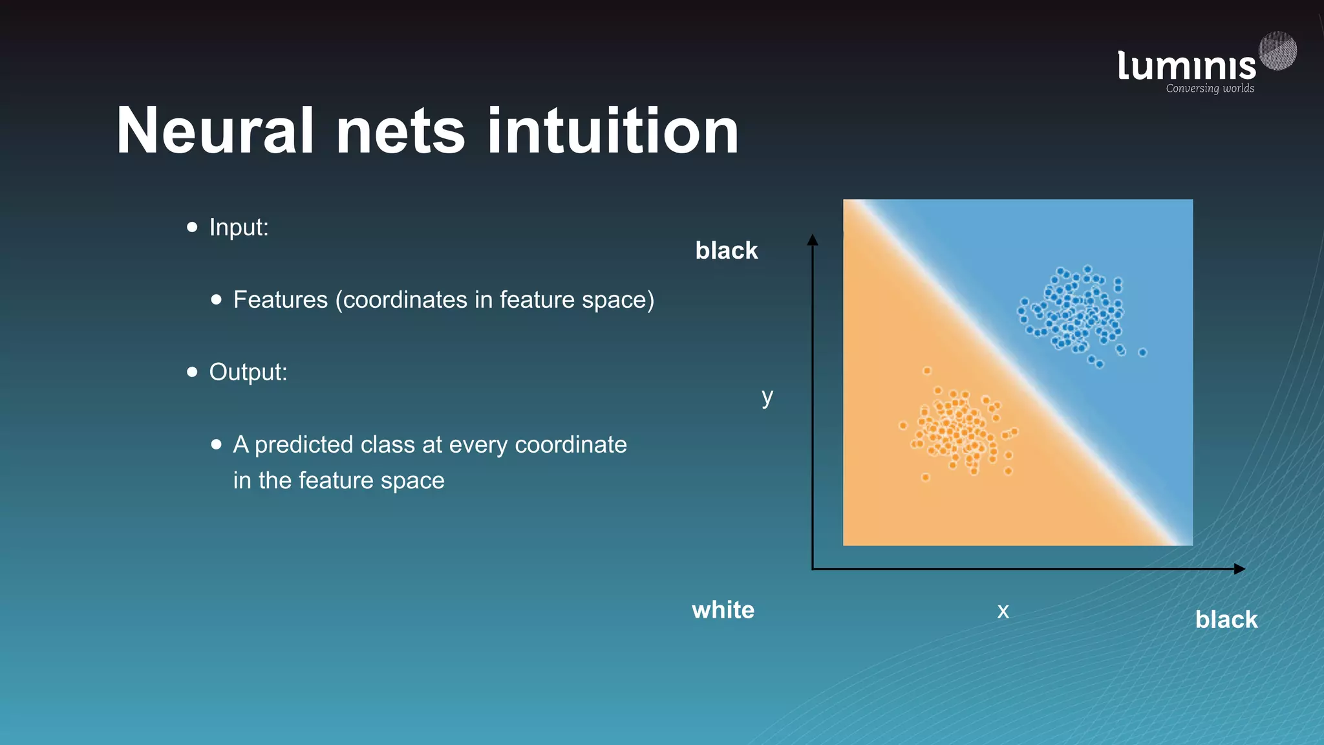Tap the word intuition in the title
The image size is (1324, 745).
[x=612, y=131]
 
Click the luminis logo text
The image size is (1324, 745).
[x=1186, y=67]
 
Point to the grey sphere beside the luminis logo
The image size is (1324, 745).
[x=1277, y=50]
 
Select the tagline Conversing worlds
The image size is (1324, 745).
[x=1210, y=89]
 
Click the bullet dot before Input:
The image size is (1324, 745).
[x=192, y=227]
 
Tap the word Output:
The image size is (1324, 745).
[x=248, y=372]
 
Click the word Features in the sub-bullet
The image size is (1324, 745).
[x=281, y=300]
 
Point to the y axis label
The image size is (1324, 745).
[x=767, y=396]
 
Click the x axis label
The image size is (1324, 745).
[x=1003, y=610]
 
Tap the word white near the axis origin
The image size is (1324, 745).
[x=723, y=610]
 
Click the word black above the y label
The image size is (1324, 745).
[x=726, y=250]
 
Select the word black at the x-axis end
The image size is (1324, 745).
[x=1226, y=620]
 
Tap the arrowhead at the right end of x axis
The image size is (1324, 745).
[x=1239, y=569]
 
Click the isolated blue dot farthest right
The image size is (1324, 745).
[x=1142, y=352]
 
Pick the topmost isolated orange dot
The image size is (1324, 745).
[x=927, y=371]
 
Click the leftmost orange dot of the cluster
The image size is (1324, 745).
[x=903, y=426]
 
